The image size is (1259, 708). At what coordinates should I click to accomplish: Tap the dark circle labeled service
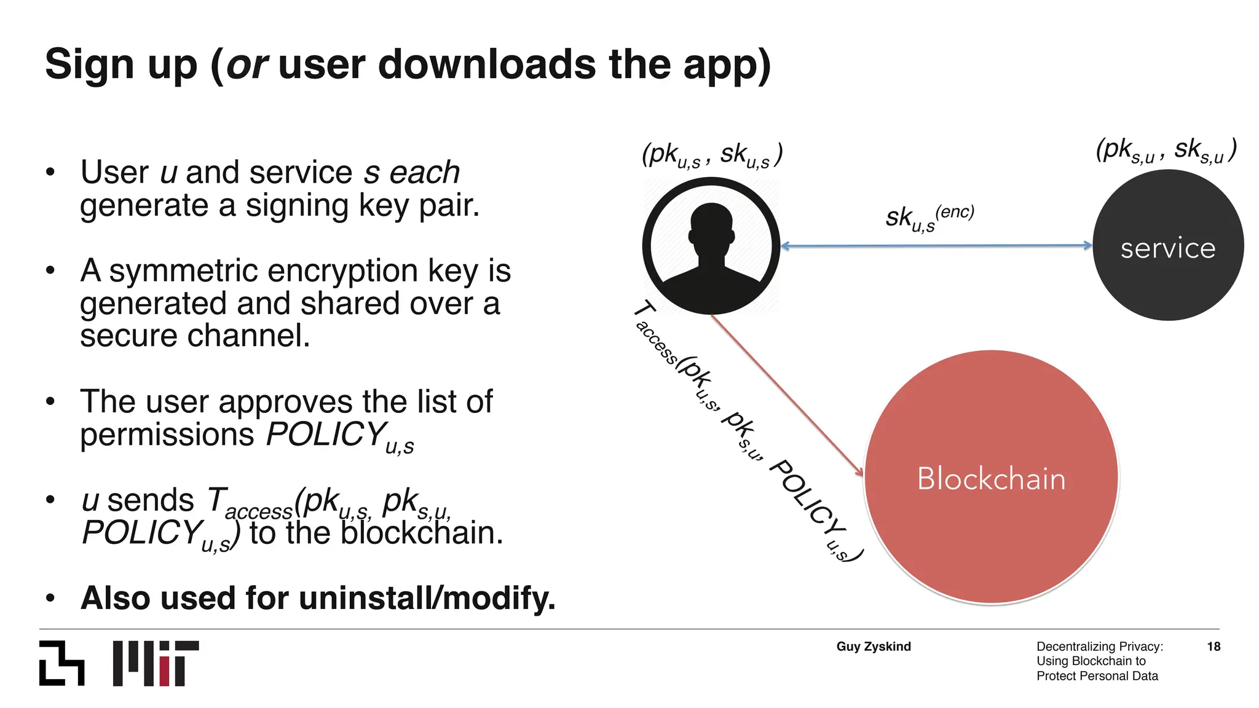[1167, 245]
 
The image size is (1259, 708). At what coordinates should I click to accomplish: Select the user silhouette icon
[711, 246]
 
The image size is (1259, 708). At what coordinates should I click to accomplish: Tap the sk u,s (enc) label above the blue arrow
[928, 218]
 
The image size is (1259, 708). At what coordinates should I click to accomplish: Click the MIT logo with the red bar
[156, 663]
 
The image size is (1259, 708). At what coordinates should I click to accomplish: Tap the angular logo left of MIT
[61, 663]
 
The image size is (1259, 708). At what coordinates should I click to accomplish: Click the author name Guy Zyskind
[873, 647]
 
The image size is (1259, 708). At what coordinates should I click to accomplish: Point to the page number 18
[1213, 647]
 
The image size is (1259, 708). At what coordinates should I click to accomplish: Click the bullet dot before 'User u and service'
[50, 173]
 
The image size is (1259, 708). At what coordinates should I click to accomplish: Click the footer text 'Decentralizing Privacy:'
[1099, 647]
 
